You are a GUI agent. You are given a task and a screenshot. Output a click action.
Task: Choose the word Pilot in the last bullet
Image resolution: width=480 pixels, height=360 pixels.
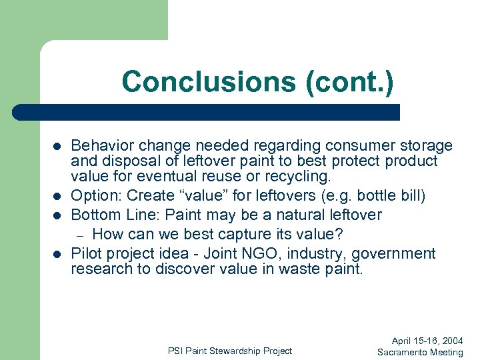86,253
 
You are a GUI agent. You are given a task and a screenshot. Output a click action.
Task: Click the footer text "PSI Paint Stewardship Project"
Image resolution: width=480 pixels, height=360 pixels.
229,351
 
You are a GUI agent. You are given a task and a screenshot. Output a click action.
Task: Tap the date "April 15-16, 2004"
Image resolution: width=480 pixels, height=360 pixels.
427,340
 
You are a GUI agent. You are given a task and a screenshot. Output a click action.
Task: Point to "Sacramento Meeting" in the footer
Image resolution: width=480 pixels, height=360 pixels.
420,352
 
